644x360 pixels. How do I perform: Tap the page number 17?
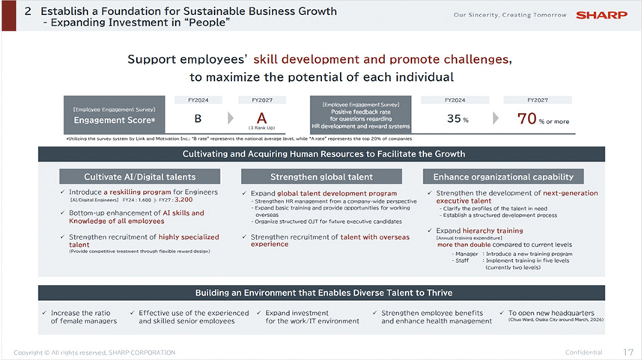(x=628, y=352)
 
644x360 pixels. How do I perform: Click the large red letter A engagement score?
(x=261, y=118)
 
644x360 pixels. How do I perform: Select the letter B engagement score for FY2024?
(x=198, y=118)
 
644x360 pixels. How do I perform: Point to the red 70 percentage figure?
(x=527, y=118)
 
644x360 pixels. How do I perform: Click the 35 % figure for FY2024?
(x=454, y=118)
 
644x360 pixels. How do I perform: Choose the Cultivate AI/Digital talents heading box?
(x=140, y=177)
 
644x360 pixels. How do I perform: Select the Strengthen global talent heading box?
(x=322, y=177)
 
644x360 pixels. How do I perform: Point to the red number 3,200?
(x=183, y=200)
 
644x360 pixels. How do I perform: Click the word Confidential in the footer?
(x=583, y=353)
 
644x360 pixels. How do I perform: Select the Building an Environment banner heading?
(x=323, y=292)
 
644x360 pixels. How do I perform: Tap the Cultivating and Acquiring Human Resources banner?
(x=323, y=153)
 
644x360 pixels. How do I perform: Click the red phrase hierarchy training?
(x=493, y=231)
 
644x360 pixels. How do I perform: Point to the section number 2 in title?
(x=28, y=11)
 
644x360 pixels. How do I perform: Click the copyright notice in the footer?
(x=94, y=353)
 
